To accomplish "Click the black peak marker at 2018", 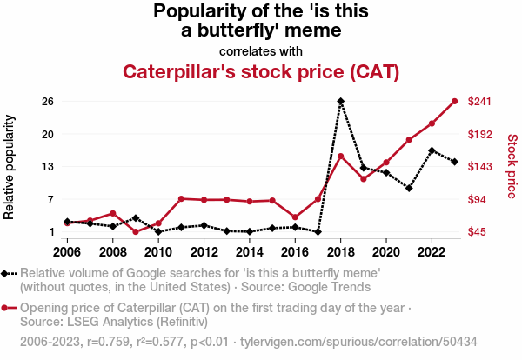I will point(341,102).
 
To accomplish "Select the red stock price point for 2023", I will point(455,102).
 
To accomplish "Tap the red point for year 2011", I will point(181,199).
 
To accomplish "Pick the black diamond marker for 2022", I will point(432,150).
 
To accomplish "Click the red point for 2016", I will point(295,217).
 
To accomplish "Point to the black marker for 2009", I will point(136,217).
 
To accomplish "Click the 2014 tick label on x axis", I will point(250,252).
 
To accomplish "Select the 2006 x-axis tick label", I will point(67,252).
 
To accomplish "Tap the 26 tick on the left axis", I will point(48,102).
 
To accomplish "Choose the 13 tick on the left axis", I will point(48,166).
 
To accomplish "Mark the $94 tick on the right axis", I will point(481,199).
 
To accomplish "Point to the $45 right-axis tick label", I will point(481,231).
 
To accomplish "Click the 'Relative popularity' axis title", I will point(11,167).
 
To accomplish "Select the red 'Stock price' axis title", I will point(512,167).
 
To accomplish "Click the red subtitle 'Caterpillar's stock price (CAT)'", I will point(261,70).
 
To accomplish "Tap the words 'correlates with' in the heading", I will point(261,50).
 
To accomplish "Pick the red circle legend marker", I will point(10,308).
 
